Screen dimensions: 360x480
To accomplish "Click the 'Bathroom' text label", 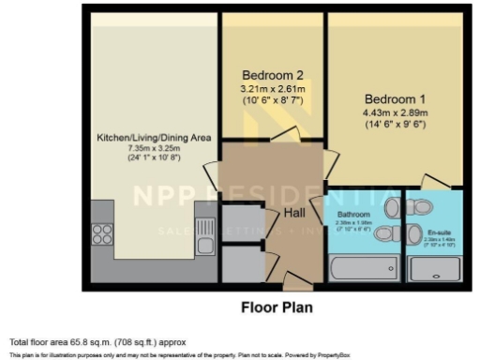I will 353,215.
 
